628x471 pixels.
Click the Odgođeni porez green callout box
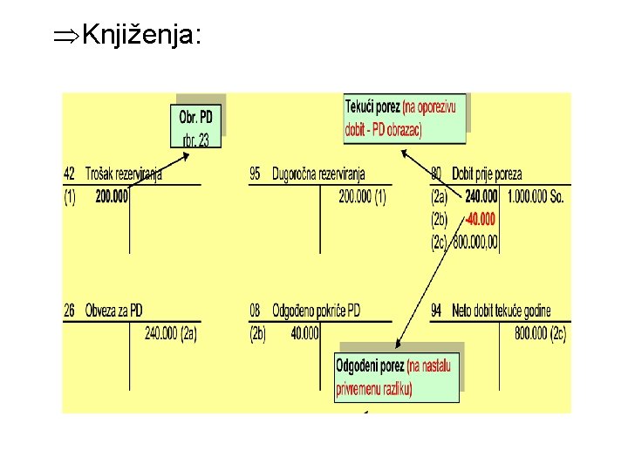[396, 376]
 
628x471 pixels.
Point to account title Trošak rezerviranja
[124, 174]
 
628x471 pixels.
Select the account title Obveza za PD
[114, 311]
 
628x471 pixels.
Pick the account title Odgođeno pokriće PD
[316, 311]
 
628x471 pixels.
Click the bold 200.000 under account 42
[112, 196]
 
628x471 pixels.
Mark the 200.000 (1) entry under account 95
[362, 197]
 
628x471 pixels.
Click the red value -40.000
[479, 219]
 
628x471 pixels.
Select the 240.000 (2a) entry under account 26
[170, 332]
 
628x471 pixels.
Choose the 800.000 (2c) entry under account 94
[540, 332]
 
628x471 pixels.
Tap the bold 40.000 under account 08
[305, 332]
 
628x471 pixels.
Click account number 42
[70, 174]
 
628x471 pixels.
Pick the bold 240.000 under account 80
[481, 197]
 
